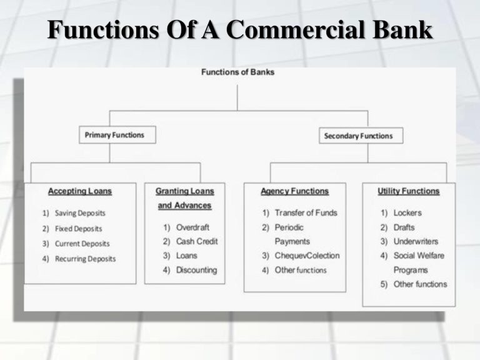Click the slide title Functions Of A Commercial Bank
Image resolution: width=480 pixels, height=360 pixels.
(x=240, y=30)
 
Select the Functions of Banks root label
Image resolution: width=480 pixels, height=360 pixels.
(x=237, y=72)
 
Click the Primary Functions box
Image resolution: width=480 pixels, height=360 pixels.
(x=117, y=135)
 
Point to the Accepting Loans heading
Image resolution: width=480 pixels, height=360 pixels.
(x=80, y=191)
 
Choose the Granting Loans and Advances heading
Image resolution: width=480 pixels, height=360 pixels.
(x=184, y=198)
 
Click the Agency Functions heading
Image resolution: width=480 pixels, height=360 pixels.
(x=294, y=191)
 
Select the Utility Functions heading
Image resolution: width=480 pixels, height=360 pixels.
(x=409, y=191)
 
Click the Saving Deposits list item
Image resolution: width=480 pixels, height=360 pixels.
(x=80, y=213)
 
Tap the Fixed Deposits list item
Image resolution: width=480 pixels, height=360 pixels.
(x=78, y=229)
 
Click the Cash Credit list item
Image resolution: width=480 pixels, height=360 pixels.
(x=196, y=241)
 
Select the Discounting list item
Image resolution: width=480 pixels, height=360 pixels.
(x=196, y=270)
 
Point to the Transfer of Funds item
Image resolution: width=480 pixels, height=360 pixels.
(x=306, y=212)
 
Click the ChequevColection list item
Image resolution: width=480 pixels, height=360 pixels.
(x=307, y=256)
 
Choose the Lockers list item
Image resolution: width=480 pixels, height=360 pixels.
(x=407, y=212)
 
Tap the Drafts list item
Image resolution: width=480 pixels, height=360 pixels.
(x=404, y=227)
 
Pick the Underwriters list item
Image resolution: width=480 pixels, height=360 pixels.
(x=416, y=241)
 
